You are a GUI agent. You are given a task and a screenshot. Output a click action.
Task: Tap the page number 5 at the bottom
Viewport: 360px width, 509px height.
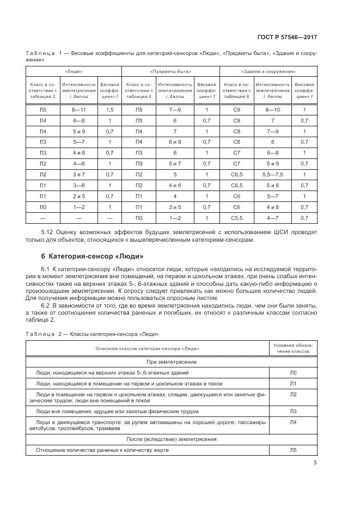[x=315, y=463]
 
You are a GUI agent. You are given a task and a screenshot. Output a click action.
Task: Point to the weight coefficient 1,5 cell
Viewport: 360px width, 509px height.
[x=109, y=109]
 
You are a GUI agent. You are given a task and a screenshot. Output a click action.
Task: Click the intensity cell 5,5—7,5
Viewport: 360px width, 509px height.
[x=272, y=175]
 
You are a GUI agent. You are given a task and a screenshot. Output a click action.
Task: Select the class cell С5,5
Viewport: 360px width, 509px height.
[x=236, y=218]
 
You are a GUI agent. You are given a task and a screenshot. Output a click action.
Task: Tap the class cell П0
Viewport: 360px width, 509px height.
[x=139, y=218]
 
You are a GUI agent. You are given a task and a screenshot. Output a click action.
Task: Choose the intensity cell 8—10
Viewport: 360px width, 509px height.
[x=272, y=109]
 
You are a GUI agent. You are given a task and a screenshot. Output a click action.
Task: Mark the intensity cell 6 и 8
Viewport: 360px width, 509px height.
[x=175, y=142]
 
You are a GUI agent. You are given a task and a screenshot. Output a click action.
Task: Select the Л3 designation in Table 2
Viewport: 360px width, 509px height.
[x=293, y=411]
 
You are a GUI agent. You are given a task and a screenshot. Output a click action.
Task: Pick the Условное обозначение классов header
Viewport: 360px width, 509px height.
[x=293, y=348]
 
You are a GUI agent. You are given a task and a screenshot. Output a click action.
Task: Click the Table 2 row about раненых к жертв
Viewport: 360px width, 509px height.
[x=102, y=451]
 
